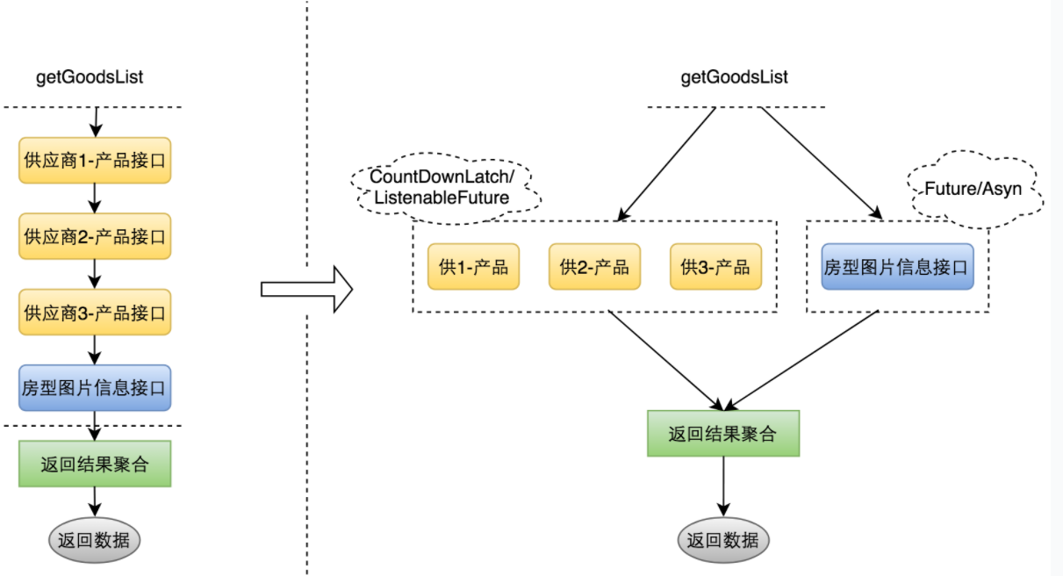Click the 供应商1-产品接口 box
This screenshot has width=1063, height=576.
95,161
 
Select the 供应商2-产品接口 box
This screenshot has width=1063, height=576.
95,236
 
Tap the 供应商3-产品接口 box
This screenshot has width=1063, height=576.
95,312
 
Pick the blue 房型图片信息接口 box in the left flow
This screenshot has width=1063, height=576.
95,387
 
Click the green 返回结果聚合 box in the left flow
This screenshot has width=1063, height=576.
95,464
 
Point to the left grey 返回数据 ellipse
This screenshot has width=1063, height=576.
95,540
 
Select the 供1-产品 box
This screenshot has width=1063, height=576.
474,266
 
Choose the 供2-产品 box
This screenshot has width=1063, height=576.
594,266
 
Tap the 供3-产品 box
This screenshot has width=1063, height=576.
715,266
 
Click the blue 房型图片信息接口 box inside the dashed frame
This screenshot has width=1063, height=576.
898,266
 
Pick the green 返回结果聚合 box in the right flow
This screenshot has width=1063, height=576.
723,434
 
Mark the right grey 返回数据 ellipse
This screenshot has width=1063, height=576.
723,540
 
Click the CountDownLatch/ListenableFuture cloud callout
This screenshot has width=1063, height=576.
445,188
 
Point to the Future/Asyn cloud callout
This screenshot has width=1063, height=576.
975,189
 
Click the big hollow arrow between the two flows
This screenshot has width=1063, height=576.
306,289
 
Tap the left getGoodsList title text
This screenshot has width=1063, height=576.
90,77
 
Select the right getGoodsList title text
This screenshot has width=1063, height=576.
734,77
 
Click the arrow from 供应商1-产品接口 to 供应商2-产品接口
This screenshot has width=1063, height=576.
95,198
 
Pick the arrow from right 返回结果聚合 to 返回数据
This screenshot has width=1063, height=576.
723,486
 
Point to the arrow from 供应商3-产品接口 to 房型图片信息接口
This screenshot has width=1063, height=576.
95,350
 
